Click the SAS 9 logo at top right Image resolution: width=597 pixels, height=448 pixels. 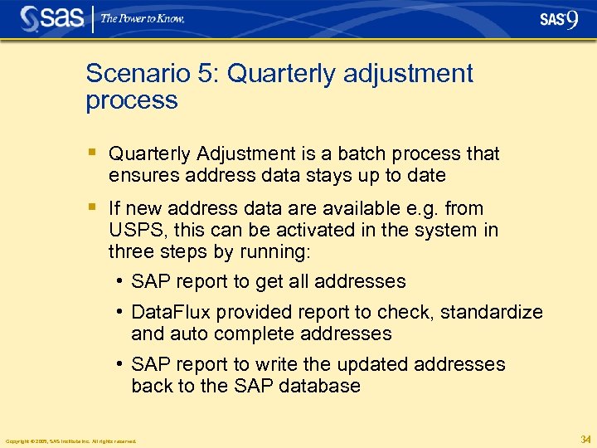pos(558,19)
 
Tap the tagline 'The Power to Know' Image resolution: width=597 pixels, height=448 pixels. pos(143,18)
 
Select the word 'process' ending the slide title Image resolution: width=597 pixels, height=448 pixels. pos(132,100)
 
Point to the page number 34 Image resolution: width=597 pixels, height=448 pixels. pos(585,439)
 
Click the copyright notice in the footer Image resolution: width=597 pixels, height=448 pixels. pos(70,441)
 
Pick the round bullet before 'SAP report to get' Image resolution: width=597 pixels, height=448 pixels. pos(121,281)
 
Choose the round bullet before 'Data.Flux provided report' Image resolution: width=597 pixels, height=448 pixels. pos(121,312)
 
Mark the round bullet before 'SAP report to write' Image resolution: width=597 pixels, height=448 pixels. pos(121,364)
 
